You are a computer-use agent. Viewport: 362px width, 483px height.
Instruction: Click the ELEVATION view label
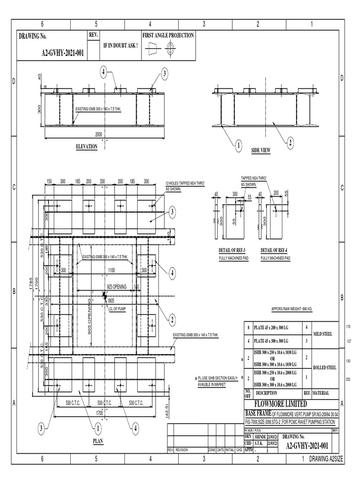[87, 147]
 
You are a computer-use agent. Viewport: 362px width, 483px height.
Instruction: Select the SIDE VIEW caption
[261, 150]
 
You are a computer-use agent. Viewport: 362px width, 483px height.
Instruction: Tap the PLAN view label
[98, 441]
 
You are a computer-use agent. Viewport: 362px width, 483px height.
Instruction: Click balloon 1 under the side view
[239, 146]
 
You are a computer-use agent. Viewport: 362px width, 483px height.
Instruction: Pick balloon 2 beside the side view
[290, 142]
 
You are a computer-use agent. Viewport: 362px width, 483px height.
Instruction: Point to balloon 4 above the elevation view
[103, 72]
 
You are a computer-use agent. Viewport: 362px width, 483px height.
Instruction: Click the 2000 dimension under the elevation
[99, 134]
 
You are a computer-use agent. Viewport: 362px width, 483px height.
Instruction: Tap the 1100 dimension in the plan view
[111, 270]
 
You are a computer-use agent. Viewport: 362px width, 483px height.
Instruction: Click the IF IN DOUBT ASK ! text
[120, 45]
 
